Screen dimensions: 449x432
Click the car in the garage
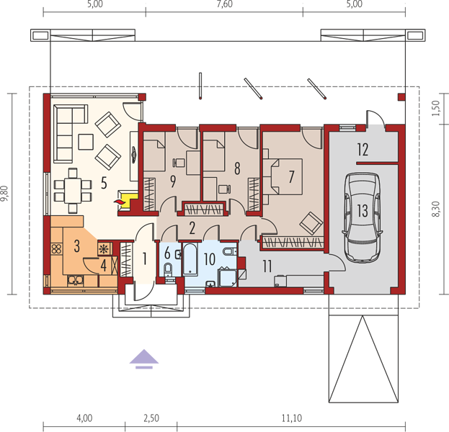(363, 217)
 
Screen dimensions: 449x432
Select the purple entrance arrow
(143, 359)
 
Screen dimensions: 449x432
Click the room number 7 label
(291, 176)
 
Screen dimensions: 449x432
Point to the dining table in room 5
(73, 190)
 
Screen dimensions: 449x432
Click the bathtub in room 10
(190, 259)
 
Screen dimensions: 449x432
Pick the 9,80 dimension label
(5, 194)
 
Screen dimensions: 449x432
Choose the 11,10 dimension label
(291, 418)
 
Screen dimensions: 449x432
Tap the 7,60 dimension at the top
(225, 4)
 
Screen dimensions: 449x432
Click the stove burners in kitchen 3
(56, 249)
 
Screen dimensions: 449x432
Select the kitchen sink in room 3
(75, 280)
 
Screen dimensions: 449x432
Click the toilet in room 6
(168, 269)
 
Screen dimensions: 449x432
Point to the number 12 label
(363, 150)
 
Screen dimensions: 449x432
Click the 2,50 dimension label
(151, 418)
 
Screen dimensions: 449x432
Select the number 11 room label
(267, 266)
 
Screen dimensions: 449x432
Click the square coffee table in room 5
(86, 142)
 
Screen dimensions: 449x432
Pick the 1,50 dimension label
(435, 108)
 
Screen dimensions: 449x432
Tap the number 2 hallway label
(192, 228)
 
